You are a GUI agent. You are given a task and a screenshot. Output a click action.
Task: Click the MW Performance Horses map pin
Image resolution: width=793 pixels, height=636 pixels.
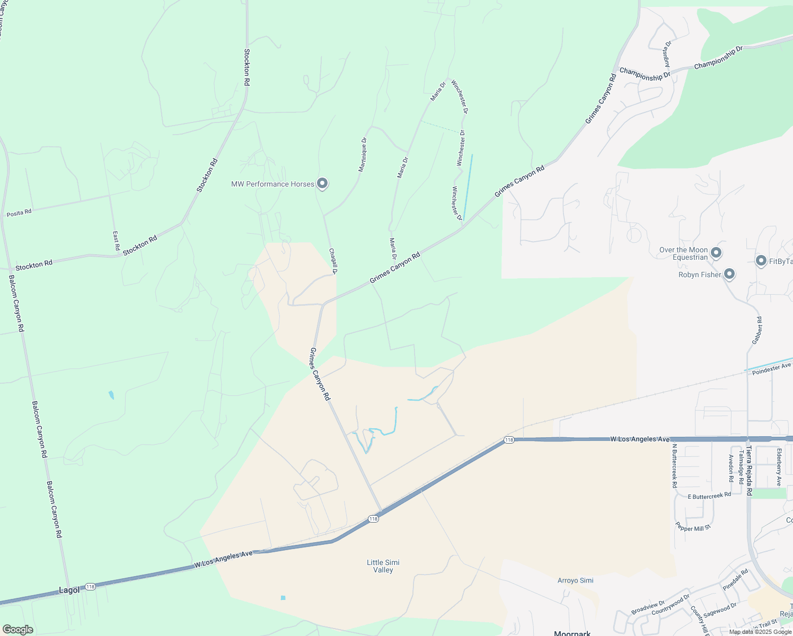(x=322, y=184)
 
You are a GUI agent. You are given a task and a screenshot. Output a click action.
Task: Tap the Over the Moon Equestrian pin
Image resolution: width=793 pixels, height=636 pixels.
(x=716, y=253)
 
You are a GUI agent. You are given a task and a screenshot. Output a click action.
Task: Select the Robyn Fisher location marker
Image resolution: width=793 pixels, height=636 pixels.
(x=729, y=274)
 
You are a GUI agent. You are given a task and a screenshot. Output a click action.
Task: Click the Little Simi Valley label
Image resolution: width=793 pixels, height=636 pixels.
(x=383, y=566)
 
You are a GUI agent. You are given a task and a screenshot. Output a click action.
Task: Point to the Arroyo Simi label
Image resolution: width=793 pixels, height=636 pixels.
(x=575, y=580)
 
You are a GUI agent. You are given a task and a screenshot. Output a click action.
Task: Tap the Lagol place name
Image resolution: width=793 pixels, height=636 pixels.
(x=69, y=590)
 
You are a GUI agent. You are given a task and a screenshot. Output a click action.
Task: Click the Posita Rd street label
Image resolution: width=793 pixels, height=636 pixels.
(x=19, y=213)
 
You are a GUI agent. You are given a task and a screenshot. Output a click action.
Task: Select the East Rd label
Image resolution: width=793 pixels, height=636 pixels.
(x=116, y=241)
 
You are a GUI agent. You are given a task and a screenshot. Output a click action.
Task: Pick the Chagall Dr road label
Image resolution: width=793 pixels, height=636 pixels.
(x=333, y=261)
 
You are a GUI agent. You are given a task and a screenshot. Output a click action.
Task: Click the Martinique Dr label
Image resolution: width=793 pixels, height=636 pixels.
(x=363, y=155)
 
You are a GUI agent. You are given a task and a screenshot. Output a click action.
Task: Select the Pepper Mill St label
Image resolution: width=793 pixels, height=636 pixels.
(x=693, y=527)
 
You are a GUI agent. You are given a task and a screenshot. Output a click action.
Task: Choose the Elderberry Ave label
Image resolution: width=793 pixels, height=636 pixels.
(x=779, y=467)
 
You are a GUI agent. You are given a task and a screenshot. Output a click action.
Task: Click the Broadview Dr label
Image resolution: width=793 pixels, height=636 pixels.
(x=648, y=608)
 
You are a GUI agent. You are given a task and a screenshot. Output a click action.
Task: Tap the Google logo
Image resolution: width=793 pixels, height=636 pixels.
(x=17, y=630)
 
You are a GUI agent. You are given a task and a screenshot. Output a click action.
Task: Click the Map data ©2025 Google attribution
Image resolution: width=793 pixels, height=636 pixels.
(x=760, y=632)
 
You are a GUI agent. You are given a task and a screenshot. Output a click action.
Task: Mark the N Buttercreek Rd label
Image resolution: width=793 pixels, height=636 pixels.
(x=674, y=465)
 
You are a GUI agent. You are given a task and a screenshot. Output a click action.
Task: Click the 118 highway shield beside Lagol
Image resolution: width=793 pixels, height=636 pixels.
(x=90, y=587)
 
